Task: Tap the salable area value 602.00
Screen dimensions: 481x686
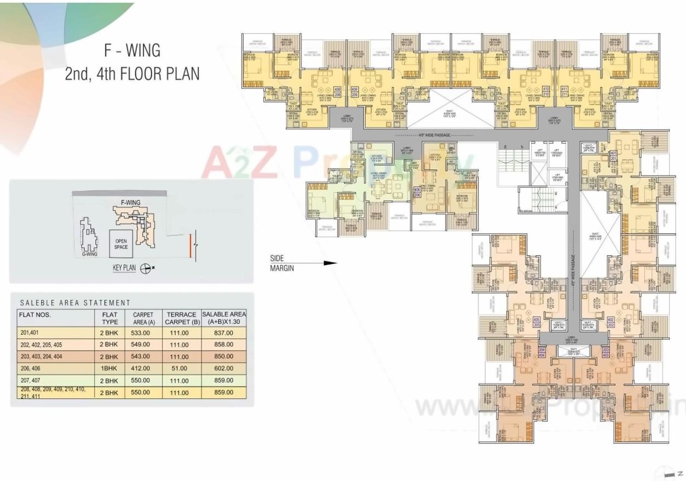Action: [223, 368]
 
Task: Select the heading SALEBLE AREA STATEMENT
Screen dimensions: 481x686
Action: [75, 302]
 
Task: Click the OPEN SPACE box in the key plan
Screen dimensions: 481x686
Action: [121, 244]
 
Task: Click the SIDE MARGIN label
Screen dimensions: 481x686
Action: [283, 263]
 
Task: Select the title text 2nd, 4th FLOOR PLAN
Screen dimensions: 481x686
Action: [132, 73]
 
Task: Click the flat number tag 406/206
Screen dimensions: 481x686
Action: [417, 192]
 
